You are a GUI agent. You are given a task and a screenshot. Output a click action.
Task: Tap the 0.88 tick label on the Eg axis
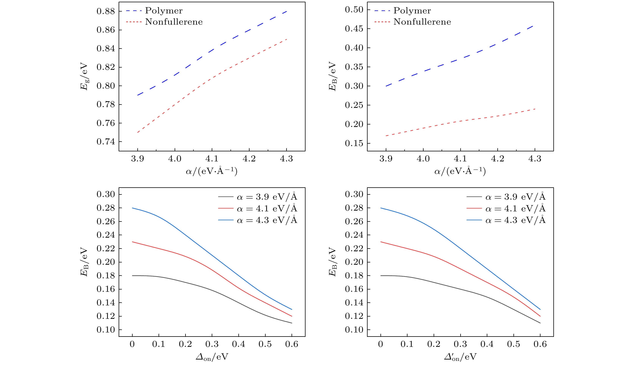(x=106, y=12)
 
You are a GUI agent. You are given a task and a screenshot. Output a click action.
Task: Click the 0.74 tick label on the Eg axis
(x=106, y=142)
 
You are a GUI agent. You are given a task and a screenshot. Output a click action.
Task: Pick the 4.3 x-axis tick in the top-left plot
(x=286, y=159)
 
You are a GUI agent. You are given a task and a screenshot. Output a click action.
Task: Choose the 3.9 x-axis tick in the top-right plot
(x=386, y=159)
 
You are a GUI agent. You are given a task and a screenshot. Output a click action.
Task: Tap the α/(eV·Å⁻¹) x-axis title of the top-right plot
(x=460, y=171)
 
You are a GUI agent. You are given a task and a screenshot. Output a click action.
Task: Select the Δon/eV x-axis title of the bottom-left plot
(x=212, y=357)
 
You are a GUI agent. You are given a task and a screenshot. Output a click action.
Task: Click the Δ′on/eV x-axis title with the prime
(x=460, y=357)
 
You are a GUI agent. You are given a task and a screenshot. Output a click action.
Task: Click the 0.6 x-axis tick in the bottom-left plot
(x=292, y=344)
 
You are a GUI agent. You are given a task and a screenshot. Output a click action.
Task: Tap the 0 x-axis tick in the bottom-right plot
(x=381, y=344)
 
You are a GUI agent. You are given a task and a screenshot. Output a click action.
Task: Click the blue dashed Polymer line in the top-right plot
(x=461, y=59)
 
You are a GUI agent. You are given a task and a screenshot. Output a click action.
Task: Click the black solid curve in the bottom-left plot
(x=212, y=290)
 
